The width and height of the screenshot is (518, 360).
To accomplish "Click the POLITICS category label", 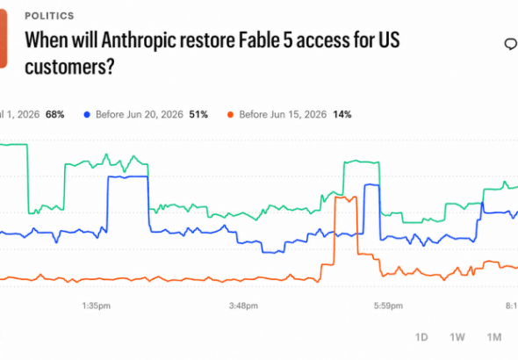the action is coord(49,16).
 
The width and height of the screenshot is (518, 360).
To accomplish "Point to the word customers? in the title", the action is coord(69,67).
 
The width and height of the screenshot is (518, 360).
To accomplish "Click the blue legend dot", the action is coord(87,115).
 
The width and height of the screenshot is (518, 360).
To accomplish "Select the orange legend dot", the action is coord(230,115).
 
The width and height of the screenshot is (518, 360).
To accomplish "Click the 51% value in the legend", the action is coord(198,115).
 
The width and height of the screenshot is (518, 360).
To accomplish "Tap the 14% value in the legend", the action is coord(342,115).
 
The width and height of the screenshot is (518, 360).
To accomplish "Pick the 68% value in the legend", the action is coord(54,115).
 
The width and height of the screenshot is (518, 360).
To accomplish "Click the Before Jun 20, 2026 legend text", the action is coord(140,115).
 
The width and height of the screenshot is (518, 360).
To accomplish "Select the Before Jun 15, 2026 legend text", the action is coord(283,115).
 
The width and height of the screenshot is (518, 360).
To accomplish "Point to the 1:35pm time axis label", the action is coord(96,306).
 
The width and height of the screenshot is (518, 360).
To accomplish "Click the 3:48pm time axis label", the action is coord(243,306).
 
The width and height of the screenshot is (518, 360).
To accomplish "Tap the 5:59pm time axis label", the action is coord(388,306).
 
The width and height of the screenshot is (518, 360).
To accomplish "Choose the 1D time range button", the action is coord(421,337).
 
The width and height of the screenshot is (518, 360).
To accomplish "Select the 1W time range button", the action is coord(457,337).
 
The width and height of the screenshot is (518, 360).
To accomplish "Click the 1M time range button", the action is coord(494,337).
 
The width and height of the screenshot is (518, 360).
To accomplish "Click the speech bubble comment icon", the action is coord(511,44).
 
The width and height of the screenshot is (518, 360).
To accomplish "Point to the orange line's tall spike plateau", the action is coord(346,198).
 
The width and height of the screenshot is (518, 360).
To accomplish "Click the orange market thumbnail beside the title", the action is coord(3,39).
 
